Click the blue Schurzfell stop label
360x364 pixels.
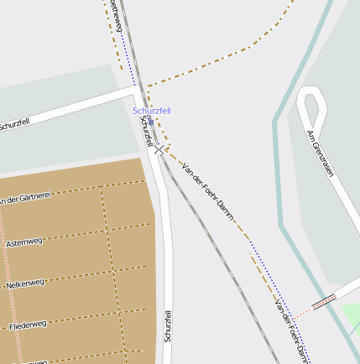[x=152, y=111]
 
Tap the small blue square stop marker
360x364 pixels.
[x=134, y=85]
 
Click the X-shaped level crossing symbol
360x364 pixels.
[x=159, y=149]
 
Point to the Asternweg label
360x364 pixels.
[x=24, y=242]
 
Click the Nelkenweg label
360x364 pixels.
[x=26, y=283]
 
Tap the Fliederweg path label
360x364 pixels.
[x=28, y=324]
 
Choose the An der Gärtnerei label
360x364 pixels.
[x=25, y=198]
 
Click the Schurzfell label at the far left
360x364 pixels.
[x=14, y=126]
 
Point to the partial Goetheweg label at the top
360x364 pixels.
[x=117, y=15]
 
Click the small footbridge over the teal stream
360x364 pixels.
[x=324, y=299]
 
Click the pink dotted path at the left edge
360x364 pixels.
[x=3, y=277]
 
